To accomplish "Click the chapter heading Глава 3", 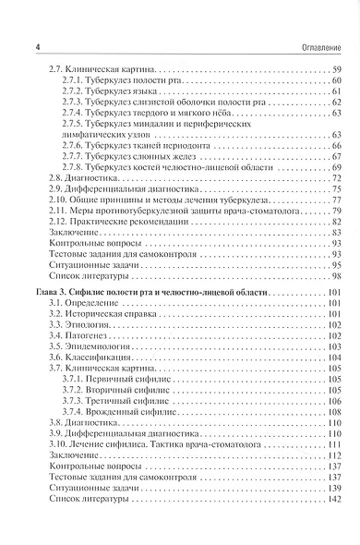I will pyautogui.click(x=51, y=293).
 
